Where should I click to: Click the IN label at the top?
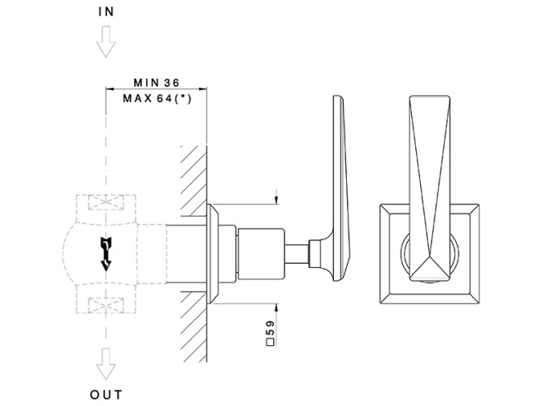pyautogui.click(x=106, y=13)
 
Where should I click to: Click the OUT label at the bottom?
pyautogui.click(x=106, y=395)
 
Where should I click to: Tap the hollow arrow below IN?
pyautogui.click(x=106, y=43)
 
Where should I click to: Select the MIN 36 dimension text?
pyautogui.click(x=154, y=83)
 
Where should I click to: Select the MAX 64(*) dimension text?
pyautogui.click(x=154, y=98)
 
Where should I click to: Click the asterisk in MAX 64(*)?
pyautogui.click(x=193, y=98)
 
